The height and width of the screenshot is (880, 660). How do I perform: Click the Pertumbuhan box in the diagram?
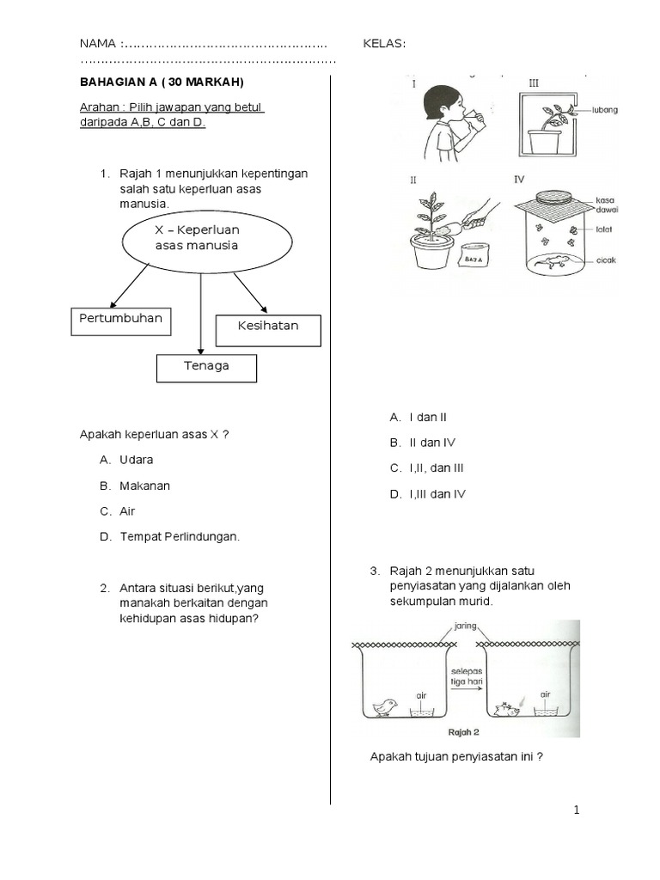point(120,320)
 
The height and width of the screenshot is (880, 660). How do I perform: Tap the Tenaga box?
point(206,367)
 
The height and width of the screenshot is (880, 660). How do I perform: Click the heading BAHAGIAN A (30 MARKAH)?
point(162,82)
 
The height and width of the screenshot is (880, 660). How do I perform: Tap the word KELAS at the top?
point(385,44)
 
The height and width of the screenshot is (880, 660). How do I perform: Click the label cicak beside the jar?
point(605,260)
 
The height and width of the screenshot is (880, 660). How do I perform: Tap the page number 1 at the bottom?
point(577,810)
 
